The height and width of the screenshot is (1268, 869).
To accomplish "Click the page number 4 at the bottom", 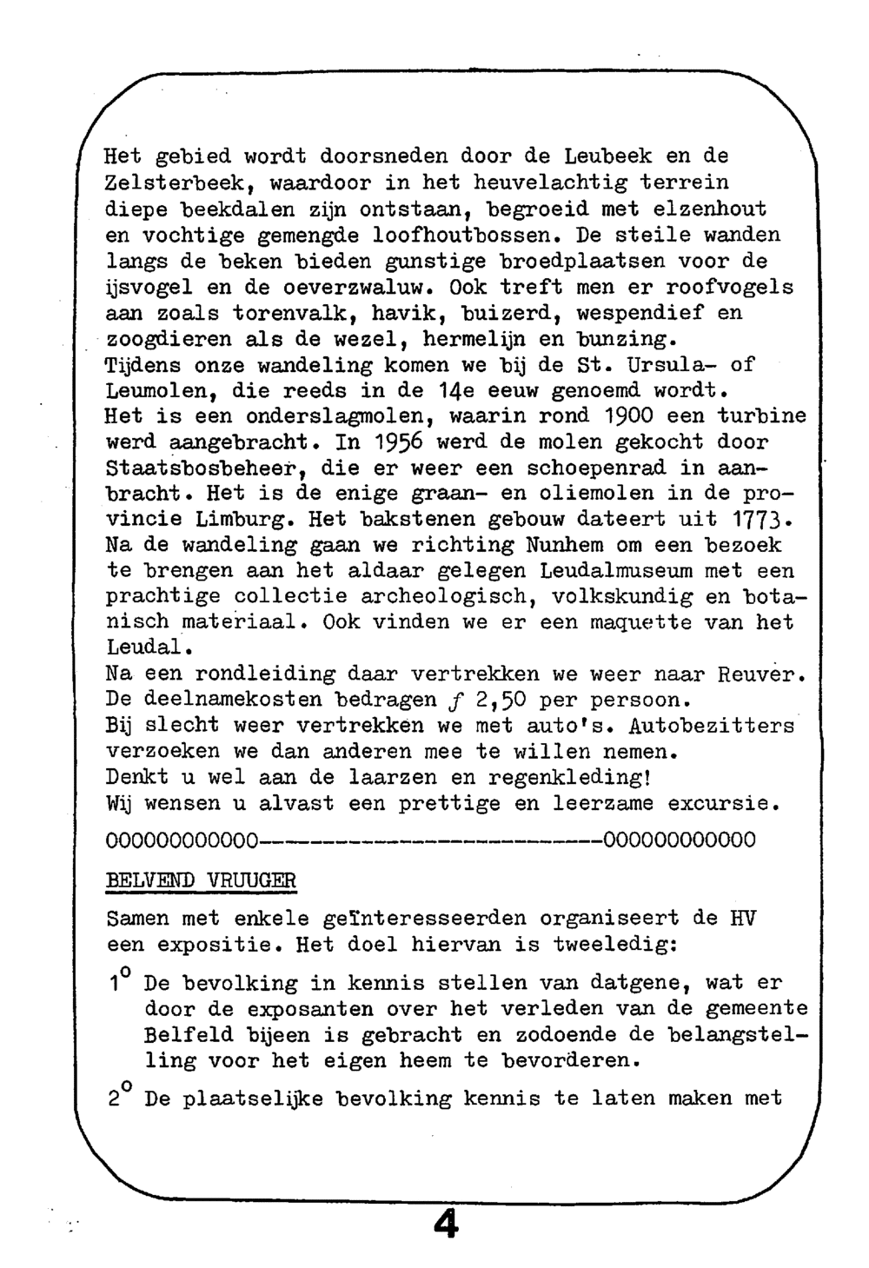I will click(445, 1225).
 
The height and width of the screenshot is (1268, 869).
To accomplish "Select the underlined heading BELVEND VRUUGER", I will click(201, 880).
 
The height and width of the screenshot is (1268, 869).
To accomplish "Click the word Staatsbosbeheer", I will click(205, 468).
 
